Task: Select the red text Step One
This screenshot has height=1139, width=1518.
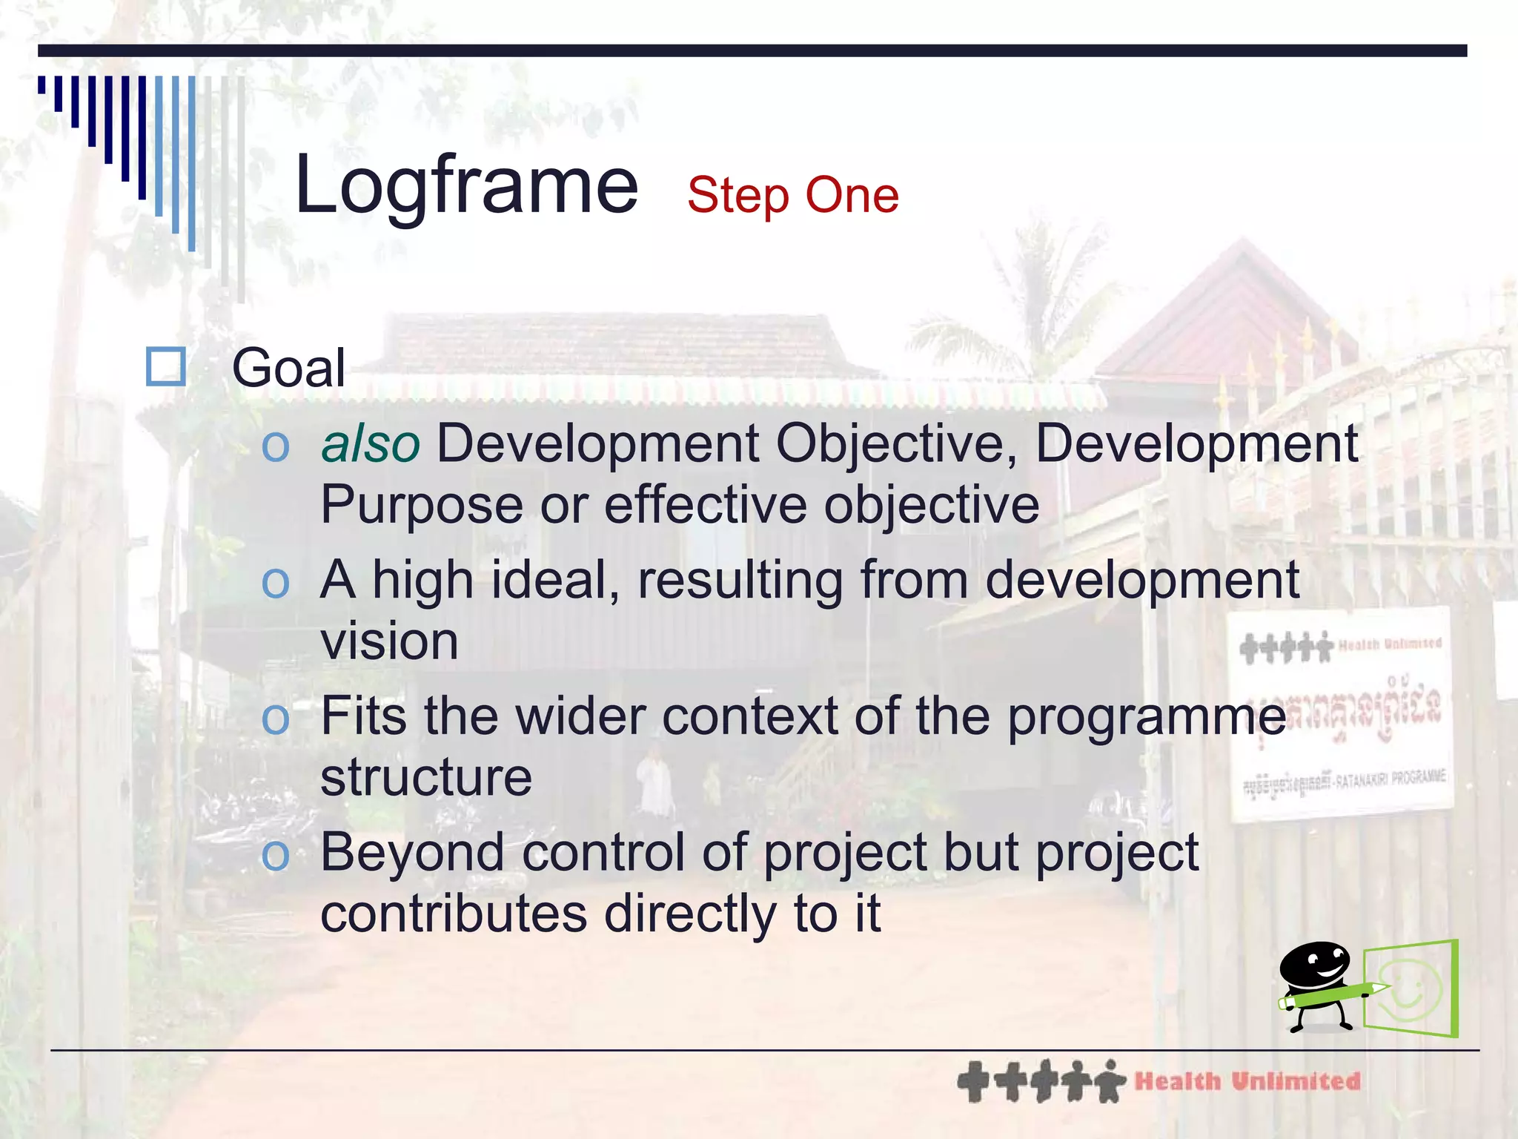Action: point(792,195)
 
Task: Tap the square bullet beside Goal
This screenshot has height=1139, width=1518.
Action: point(165,366)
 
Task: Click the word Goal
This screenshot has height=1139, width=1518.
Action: point(288,368)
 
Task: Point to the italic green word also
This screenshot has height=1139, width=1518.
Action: point(370,444)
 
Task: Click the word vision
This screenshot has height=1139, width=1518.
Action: point(389,641)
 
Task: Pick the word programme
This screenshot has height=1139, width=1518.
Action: point(1146,718)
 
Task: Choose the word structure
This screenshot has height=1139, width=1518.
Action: point(426,778)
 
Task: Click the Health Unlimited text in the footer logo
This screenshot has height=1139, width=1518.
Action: point(1247,1081)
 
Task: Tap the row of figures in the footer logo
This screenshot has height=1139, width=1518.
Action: point(1041,1081)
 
